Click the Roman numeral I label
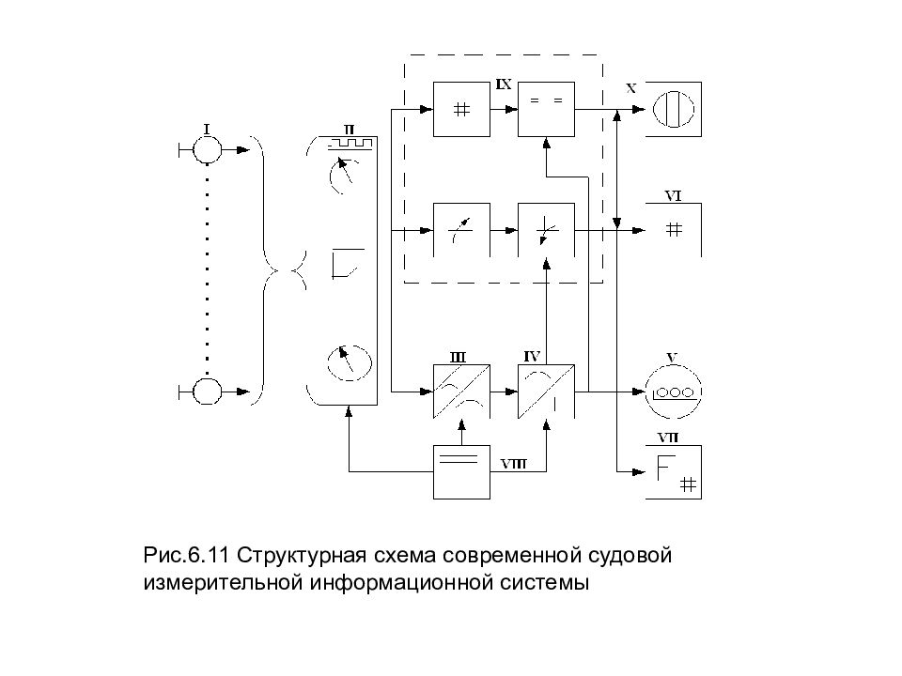207,130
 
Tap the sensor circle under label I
207,150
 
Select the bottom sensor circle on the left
207,392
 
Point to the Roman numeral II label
350,130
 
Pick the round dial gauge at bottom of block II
350,362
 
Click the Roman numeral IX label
504,85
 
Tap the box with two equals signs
546,109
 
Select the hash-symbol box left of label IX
461,109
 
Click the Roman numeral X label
631,88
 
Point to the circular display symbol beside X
673,109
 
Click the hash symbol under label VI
674,230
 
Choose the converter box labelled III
461,392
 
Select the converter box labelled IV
546,392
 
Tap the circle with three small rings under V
673,392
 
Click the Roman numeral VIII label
513,464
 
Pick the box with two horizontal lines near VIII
461,472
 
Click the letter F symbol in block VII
665,467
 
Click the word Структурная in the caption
302,556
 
